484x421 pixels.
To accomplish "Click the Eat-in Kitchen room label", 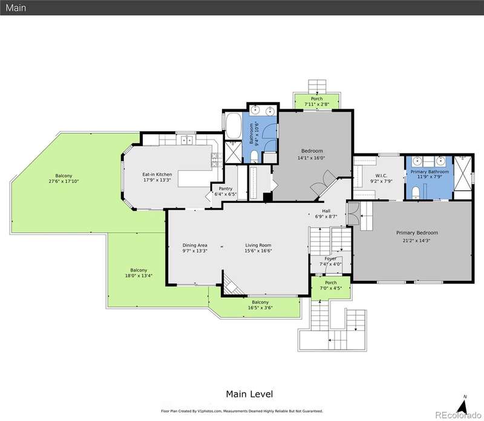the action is click(x=157, y=175).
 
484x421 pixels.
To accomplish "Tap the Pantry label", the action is click(x=225, y=188).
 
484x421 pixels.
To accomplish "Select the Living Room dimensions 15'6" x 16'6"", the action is click(x=258, y=251).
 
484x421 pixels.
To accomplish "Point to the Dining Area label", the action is click(x=195, y=245).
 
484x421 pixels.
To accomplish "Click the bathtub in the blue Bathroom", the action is click(x=234, y=126).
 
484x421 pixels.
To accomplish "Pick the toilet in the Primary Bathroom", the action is click(x=416, y=192).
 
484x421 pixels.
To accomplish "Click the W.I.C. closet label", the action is click(x=381, y=176).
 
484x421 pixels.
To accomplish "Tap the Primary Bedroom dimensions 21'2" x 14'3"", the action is click(x=417, y=241).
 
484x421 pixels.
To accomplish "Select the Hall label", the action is click(x=326, y=211).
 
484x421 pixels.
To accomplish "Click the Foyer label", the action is click(x=330, y=259).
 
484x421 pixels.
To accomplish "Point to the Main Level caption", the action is click(x=249, y=394).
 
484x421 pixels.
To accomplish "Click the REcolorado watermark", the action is click(x=458, y=415).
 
